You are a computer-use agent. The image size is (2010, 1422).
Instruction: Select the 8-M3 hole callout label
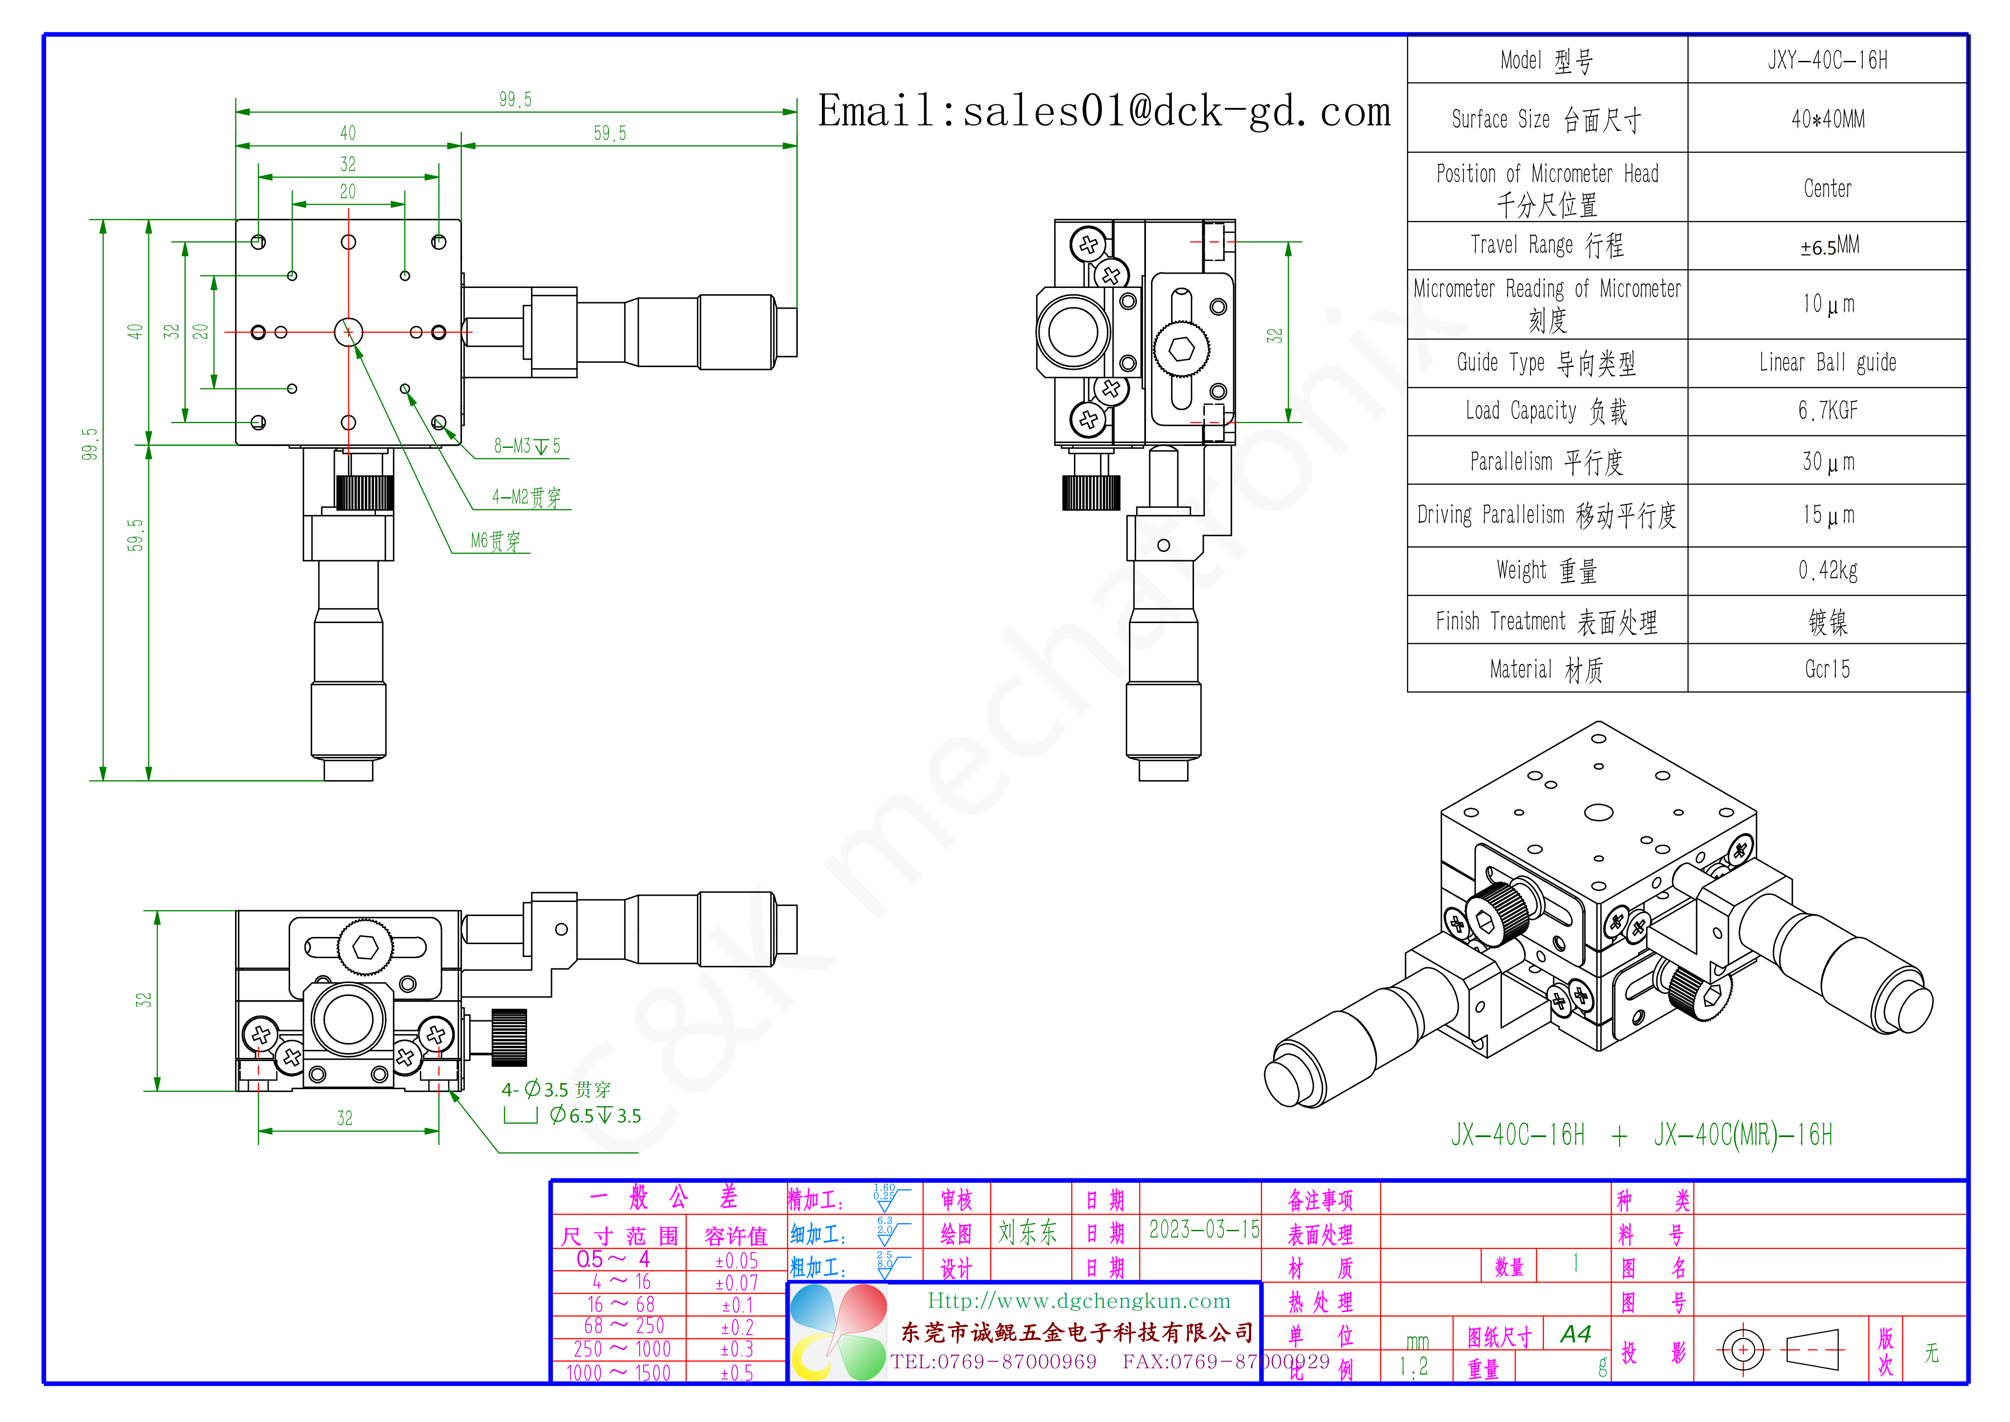(x=527, y=447)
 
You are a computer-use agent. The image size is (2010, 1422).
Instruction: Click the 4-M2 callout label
(x=526, y=497)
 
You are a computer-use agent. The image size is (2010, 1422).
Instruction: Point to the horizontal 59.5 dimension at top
(x=610, y=133)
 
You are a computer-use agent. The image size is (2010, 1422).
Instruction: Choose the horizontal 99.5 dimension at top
(x=516, y=99)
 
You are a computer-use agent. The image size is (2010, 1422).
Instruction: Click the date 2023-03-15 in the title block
(x=1204, y=1230)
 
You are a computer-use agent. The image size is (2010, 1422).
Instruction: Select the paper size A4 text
(x=1576, y=1334)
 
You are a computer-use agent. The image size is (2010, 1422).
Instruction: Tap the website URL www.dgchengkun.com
(x=1078, y=1301)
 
